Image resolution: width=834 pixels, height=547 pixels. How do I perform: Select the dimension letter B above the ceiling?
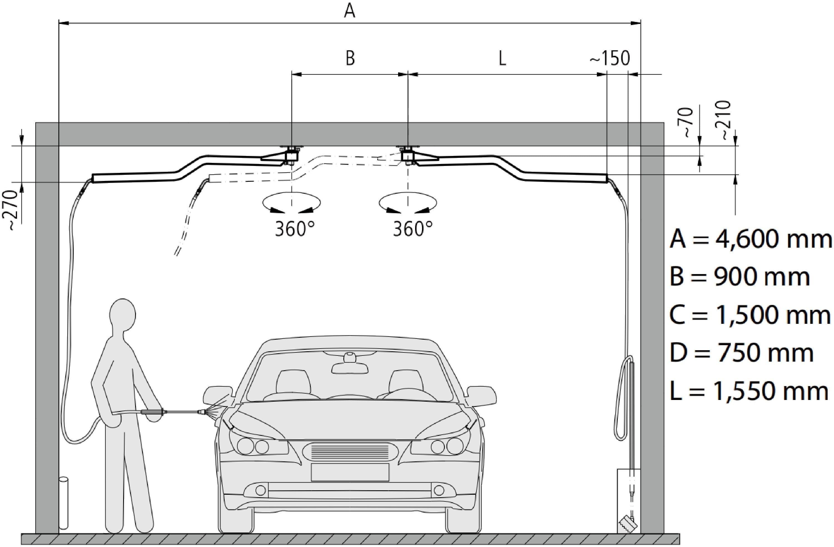tap(350, 58)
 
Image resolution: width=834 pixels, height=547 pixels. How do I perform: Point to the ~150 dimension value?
tap(609, 58)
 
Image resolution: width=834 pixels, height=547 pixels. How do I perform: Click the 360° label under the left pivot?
tap(294, 229)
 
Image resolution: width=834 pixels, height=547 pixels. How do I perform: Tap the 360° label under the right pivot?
tap(413, 229)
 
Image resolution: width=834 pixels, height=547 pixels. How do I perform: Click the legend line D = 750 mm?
tap(741, 353)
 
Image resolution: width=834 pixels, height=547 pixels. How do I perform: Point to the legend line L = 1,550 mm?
tap(748, 391)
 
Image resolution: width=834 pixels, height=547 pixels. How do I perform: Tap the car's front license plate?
tap(350, 472)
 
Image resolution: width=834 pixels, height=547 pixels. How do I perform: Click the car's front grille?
tap(350, 451)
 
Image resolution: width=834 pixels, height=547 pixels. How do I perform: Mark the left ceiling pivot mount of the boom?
tap(292, 154)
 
